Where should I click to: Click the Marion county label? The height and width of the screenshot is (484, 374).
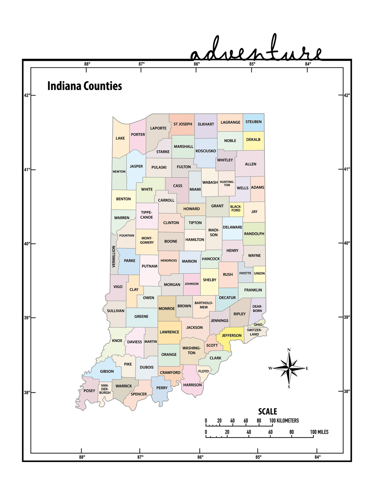point(189,261)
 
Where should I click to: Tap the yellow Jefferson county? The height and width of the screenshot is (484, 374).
point(231,336)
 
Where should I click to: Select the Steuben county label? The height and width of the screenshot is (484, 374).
point(254,122)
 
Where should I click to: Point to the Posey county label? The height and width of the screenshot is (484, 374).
point(89,391)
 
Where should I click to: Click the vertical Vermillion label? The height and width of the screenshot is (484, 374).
point(114,256)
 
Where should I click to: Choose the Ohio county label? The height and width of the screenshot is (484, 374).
point(258,325)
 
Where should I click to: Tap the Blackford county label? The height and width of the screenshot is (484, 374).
point(236,209)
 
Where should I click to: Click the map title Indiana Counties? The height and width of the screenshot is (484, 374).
point(85,86)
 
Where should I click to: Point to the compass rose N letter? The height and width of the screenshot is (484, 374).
point(289,350)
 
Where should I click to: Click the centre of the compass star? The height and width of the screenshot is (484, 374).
point(289,368)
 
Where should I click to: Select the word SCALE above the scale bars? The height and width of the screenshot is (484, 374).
point(267,412)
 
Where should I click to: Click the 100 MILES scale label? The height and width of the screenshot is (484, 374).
point(319,432)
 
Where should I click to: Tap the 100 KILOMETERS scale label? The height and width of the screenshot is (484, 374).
point(284,421)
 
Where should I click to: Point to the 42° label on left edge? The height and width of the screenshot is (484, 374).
point(27,95)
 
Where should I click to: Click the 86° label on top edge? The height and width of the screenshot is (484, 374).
point(197,64)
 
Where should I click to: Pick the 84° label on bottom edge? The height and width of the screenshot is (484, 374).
point(317,457)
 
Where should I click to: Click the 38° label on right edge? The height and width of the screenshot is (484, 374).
point(347,391)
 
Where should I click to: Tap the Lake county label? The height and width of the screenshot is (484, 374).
point(120,138)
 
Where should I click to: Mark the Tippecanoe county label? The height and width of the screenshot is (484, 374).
point(147,215)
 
